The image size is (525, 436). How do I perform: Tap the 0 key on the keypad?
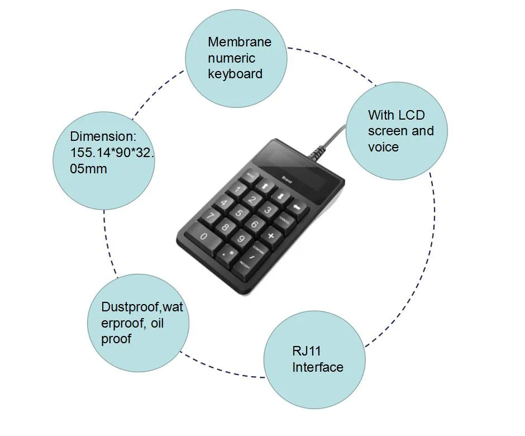203,237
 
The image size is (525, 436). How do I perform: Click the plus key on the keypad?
271,235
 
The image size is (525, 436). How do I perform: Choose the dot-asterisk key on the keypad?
229,253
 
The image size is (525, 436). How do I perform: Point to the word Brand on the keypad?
287,180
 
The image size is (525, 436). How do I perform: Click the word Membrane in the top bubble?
240,42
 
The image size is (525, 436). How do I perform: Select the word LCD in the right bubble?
411,115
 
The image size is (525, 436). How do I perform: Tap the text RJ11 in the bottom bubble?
307,351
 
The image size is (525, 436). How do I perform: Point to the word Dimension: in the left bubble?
103,136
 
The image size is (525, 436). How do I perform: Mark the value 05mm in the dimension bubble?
88,168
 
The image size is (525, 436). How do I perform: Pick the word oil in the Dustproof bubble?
156,323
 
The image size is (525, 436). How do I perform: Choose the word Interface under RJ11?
318,367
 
